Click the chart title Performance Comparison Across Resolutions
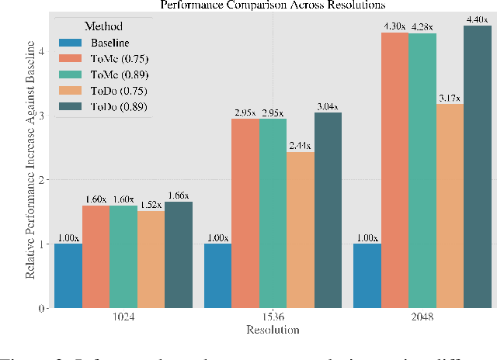(272, 5)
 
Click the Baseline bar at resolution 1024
(68, 275)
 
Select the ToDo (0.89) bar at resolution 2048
(477, 167)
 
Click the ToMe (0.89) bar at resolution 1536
(272, 213)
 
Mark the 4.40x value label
(477, 19)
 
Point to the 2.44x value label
(299, 145)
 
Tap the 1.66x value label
(178, 196)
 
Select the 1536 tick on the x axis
(272, 318)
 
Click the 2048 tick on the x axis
(422, 318)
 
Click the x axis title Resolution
(272, 330)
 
